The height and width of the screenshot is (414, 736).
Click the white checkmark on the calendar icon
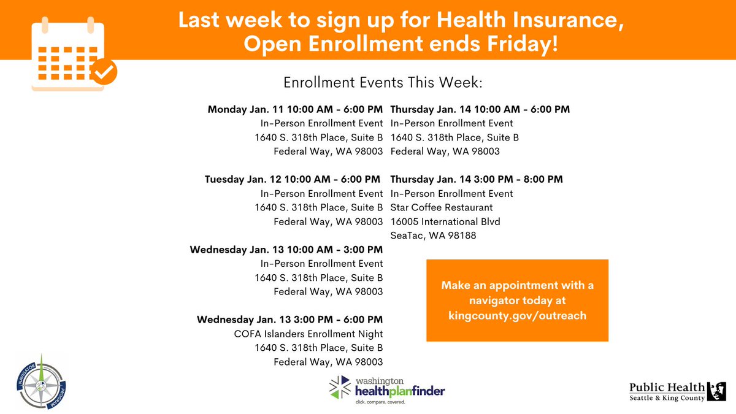click(105, 72)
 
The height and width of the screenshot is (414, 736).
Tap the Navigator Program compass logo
click(40, 381)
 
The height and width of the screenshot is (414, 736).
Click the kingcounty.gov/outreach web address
click(517, 316)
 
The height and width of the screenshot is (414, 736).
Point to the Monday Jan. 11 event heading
click(295, 110)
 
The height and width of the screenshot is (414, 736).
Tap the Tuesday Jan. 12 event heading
click(293, 180)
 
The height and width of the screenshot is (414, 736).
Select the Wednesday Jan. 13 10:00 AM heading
click(286, 250)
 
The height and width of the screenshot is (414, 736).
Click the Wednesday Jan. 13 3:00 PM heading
click(289, 320)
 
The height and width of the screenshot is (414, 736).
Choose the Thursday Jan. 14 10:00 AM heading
click(480, 110)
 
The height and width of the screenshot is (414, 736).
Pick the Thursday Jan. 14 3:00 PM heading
click(476, 180)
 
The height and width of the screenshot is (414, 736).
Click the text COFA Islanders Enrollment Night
click(309, 334)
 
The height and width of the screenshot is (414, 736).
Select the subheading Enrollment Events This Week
click(383, 82)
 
